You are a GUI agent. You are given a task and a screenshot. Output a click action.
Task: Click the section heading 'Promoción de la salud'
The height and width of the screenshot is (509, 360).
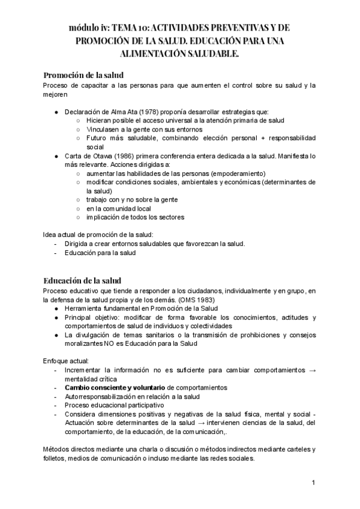tap(83, 75)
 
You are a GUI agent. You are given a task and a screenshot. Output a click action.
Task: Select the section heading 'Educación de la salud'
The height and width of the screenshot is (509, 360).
tap(82, 280)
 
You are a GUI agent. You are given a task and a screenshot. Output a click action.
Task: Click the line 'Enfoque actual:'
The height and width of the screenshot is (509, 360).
tap(66, 361)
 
